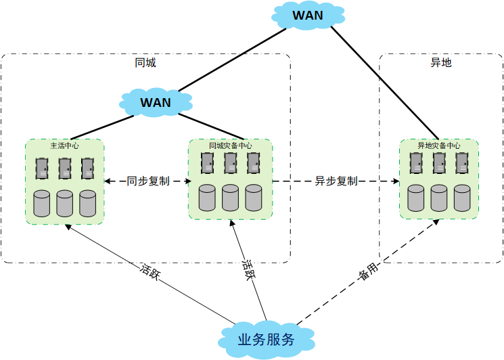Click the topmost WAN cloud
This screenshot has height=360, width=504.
pos(307,15)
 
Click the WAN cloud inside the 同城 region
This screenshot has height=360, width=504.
pos(155,103)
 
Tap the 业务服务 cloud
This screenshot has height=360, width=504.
pos(266,339)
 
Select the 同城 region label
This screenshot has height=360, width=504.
pos(145,63)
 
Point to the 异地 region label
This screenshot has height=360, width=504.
pos(440,63)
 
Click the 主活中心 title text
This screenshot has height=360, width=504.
pos(64,145)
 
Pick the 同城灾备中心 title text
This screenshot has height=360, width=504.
pos(231,145)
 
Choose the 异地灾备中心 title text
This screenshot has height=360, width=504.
pos(438,145)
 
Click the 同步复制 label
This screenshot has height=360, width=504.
pos(148,181)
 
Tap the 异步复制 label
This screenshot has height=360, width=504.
pos(336,181)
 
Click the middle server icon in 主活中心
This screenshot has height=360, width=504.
pos(65,168)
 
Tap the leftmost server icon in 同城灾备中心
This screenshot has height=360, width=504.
pos(208,163)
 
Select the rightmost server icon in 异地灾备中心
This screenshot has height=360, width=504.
pos(462,163)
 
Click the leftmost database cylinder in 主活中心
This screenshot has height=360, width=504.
pos(42,203)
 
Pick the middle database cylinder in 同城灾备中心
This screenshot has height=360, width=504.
pos(231,197)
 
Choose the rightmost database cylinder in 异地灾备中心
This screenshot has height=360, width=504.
pos(462,197)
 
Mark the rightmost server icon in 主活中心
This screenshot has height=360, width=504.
pos(87,168)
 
